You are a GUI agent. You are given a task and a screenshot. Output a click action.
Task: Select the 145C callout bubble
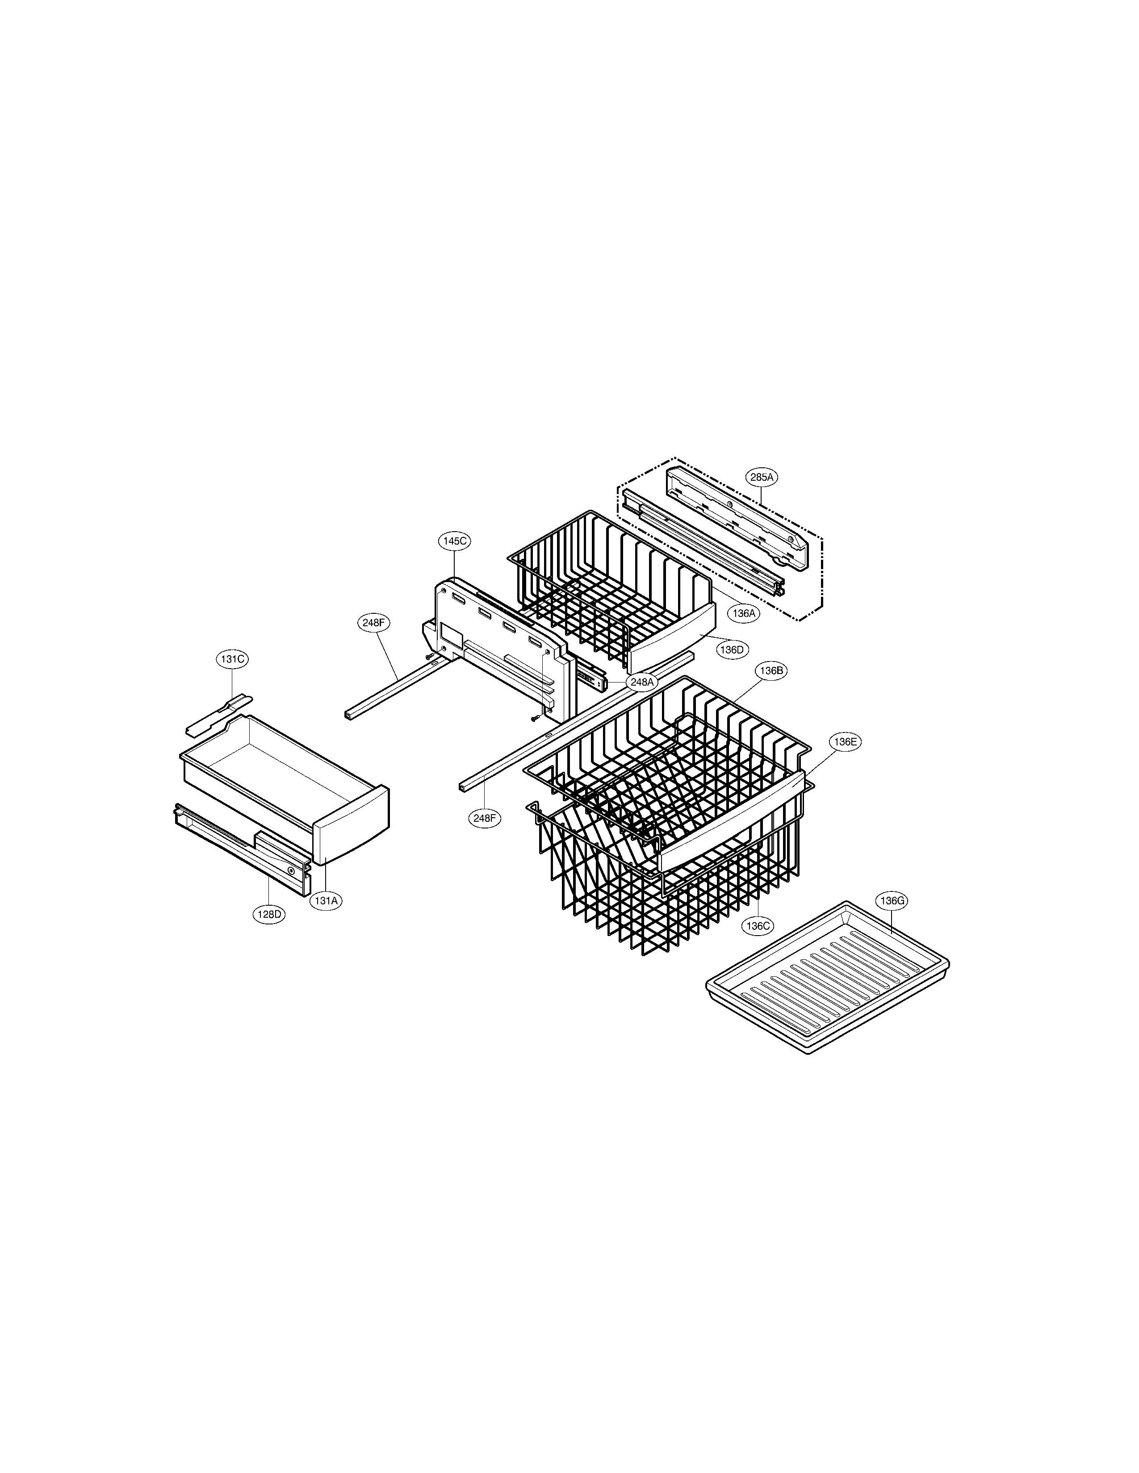[454, 541]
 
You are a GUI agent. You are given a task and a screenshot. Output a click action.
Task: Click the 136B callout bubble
[771, 670]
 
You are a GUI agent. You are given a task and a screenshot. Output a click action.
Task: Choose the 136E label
[845, 742]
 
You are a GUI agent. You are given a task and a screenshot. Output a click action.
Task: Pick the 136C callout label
[757, 926]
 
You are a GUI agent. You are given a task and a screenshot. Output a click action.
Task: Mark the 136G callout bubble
[892, 900]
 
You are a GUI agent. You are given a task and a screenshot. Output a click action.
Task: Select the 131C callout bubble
[232, 660]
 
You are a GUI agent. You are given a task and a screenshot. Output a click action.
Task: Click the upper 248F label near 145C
[373, 623]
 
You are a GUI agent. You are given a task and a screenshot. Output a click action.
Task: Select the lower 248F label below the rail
[485, 818]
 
